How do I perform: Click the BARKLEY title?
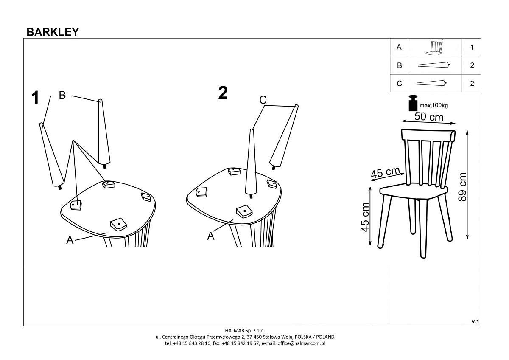tap(53, 32)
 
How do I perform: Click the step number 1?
tap(35, 98)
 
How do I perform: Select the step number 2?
tap(223, 93)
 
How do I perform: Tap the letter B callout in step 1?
tap(62, 95)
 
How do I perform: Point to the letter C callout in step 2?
tap(263, 100)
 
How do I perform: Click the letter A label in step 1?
tap(70, 240)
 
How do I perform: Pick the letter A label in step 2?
tap(211, 236)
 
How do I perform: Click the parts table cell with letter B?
tap(399, 65)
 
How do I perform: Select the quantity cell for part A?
tap(472, 47)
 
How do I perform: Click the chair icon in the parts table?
tap(435, 47)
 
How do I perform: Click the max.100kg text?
tap(433, 106)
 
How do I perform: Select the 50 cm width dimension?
tap(428, 117)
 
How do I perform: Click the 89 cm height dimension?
tap(462, 187)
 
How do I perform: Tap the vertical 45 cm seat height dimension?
tap(365, 217)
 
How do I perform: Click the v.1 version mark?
tap(475, 321)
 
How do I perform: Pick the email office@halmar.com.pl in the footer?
tap(301, 343)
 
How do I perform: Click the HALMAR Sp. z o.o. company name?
tap(245, 330)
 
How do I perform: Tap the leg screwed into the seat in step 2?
tap(251, 163)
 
